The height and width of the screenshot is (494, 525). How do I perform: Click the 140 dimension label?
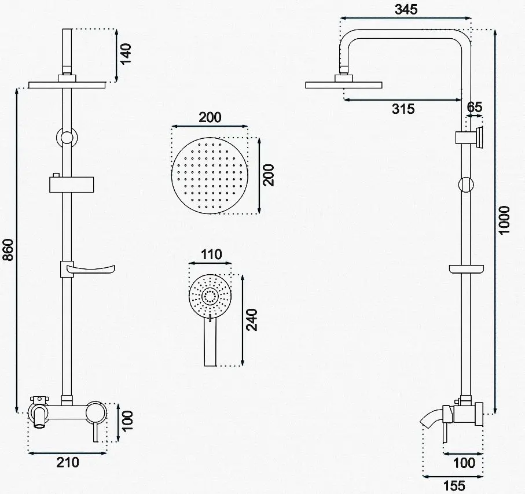(126, 54)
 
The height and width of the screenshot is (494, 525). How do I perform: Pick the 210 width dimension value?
(68, 462)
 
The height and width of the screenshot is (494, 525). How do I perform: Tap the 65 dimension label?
(474, 107)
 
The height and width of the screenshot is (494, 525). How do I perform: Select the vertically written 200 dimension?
(268, 175)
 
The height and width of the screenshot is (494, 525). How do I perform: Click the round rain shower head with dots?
(210, 175)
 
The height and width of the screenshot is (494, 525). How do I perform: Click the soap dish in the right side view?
(467, 268)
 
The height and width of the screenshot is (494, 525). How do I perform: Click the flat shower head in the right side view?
(344, 84)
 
